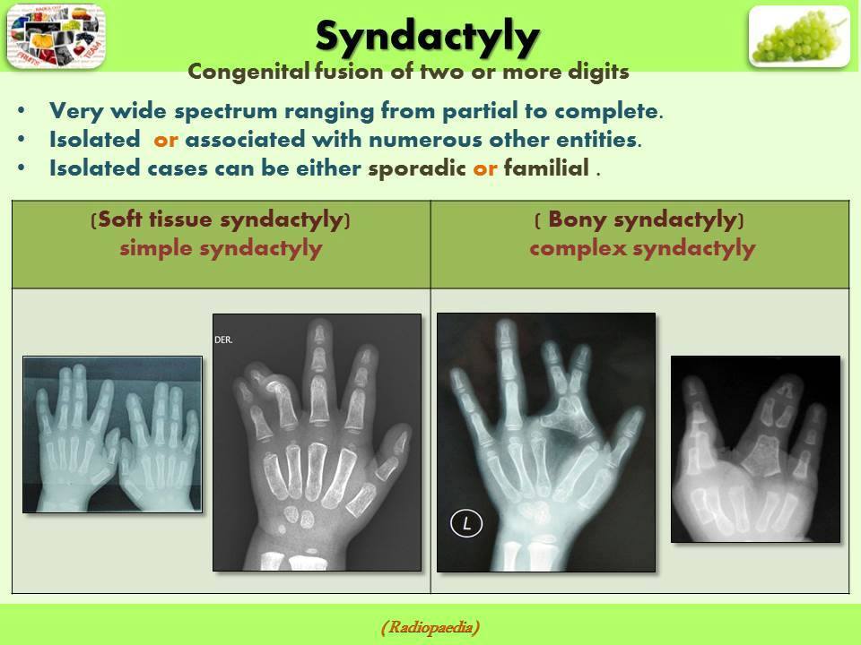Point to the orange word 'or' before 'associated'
tap(166, 140)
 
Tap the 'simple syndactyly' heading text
tap(221, 248)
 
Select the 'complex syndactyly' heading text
tap(642, 248)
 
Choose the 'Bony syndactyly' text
tap(642, 220)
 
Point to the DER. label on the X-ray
tap(224, 340)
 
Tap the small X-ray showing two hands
tap(112, 434)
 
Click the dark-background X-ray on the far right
tap(755, 448)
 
